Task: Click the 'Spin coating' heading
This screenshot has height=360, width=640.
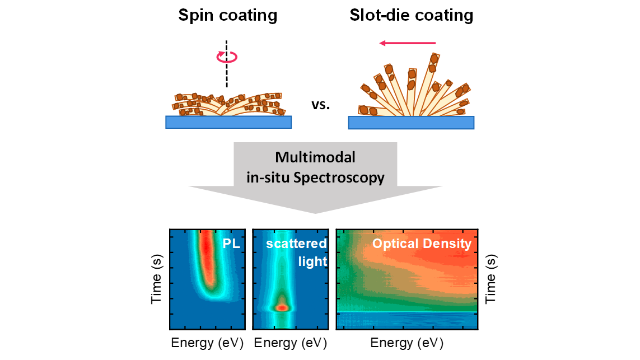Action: [x=228, y=16]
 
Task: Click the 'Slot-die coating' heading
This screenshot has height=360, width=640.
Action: [x=412, y=16]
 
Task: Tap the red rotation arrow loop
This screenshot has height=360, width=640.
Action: [x=227, y=57]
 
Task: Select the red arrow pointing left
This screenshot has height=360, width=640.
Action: [x=408, y=43]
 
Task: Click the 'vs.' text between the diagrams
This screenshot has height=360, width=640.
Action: [x=320, y=105]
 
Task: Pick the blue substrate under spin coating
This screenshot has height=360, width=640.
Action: [x=228, y=122]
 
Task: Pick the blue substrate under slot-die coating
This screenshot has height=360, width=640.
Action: [x=411, y=123]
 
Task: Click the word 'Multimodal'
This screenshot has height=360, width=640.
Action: [x=315, y=157]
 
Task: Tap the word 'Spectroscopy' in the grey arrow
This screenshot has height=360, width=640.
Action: [x=339, y=178]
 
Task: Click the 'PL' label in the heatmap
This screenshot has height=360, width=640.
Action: [x=231, y=244]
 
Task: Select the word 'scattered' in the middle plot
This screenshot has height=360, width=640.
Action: [x=296, y=244]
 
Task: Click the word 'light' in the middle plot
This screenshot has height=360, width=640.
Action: [x=312, y=261]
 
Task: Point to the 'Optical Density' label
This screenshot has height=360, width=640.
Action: [x=422, y=244]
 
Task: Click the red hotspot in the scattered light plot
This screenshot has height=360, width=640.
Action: [x=282, y=308]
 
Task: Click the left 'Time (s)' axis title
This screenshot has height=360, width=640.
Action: [x=156, y=279]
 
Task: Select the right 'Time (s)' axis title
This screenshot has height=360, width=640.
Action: [x=490, y=279]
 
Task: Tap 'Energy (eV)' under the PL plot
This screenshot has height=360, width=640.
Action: [x=207, y=343]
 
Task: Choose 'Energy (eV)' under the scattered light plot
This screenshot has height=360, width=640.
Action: [x=291, y=343]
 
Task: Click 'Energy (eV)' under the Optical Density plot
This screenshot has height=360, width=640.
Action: [x=407, y=343]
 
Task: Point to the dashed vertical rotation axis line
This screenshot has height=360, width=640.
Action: [x=227, y=64]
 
